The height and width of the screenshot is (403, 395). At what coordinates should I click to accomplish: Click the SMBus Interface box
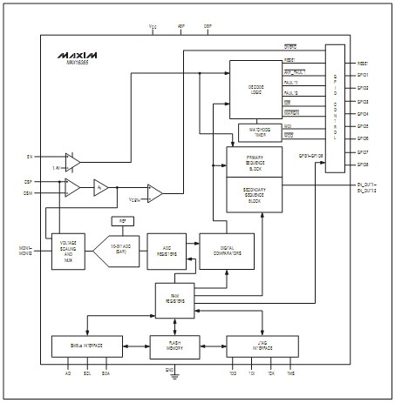pyautogui.click(x=88, y=346)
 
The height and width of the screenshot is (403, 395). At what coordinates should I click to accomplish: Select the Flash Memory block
pyautogui.click(x=175, y=346)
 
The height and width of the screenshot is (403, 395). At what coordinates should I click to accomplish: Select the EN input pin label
pyautogui.click(x=29, y=157)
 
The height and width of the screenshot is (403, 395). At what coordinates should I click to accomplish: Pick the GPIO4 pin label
pyautogui.click(x=362, y=114)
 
